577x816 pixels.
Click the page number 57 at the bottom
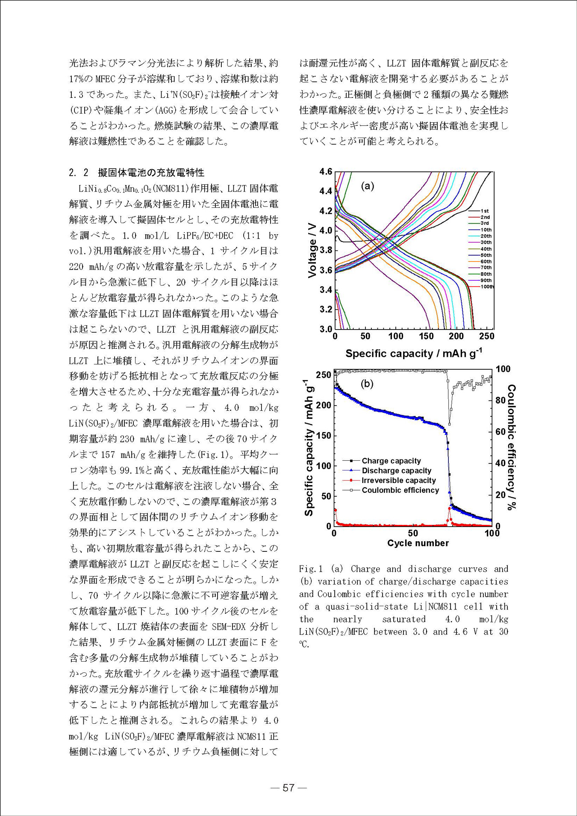coord(289,787)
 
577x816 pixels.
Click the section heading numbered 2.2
coord(136,172)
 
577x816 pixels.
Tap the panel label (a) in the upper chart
coord(368,186)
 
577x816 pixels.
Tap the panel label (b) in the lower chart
coord(367,383)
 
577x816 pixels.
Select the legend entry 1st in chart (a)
coord(484,211)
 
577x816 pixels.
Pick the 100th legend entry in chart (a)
coord(487,287)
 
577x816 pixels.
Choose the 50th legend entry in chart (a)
coord(486,255)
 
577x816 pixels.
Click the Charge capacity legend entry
coord(391,461)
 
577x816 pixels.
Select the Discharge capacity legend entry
coord(396,471)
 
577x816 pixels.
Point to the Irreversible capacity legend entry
coord(398,480)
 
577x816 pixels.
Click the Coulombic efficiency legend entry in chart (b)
coord(400,490)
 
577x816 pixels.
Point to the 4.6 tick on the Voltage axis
coord(326,172)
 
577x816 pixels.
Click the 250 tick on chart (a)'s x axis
coord(487,336)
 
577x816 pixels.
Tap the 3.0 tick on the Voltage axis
coord(326,329)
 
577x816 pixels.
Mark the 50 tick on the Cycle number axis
coord(413,533)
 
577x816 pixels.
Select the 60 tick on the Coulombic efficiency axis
coord(500,432)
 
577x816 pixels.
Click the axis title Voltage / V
coord(312,250)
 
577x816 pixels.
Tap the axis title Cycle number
coord(418,543)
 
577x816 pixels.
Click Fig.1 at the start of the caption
coord(310,569)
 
